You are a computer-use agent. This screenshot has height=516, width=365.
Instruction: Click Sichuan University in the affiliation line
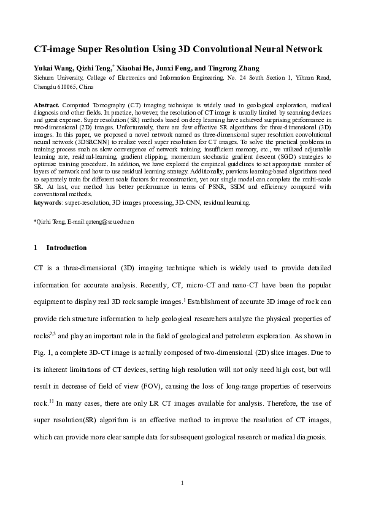56,78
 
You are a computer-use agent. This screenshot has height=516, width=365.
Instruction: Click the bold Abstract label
47,105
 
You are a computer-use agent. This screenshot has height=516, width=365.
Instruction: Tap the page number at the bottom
182,484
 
